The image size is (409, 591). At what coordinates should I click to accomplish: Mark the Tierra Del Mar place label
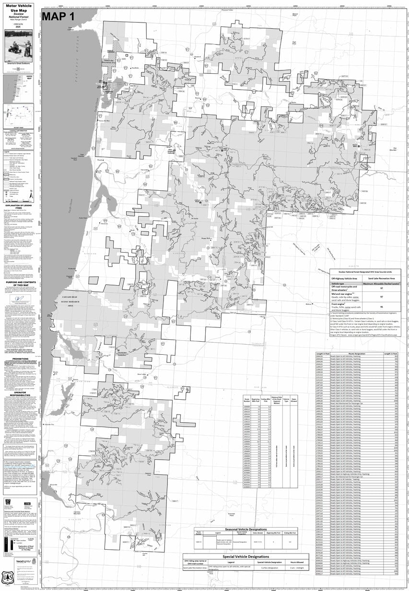point(105,121)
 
